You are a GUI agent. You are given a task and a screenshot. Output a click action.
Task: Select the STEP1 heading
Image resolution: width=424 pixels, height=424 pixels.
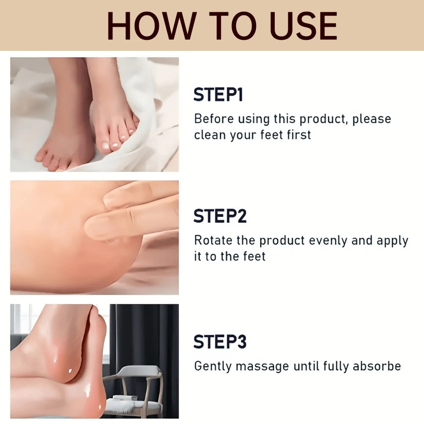pyautogui.click(x=218, y=95)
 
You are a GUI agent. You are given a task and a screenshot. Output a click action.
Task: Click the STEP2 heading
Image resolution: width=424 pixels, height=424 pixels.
pyautogui.click(x=220, y=216)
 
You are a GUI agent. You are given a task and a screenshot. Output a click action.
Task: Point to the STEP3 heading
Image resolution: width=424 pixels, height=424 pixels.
pyautogui.click(x=220, y=342)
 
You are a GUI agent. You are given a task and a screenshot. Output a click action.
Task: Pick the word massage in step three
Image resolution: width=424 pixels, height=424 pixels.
pyautogui.click(x=258, y=366)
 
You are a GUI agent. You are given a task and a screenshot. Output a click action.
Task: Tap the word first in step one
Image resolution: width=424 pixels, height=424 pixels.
pyautogui.click(x=300, y=135)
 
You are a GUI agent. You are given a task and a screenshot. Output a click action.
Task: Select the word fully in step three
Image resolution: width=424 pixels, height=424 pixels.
pyautogui.click(x=335, y=366)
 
